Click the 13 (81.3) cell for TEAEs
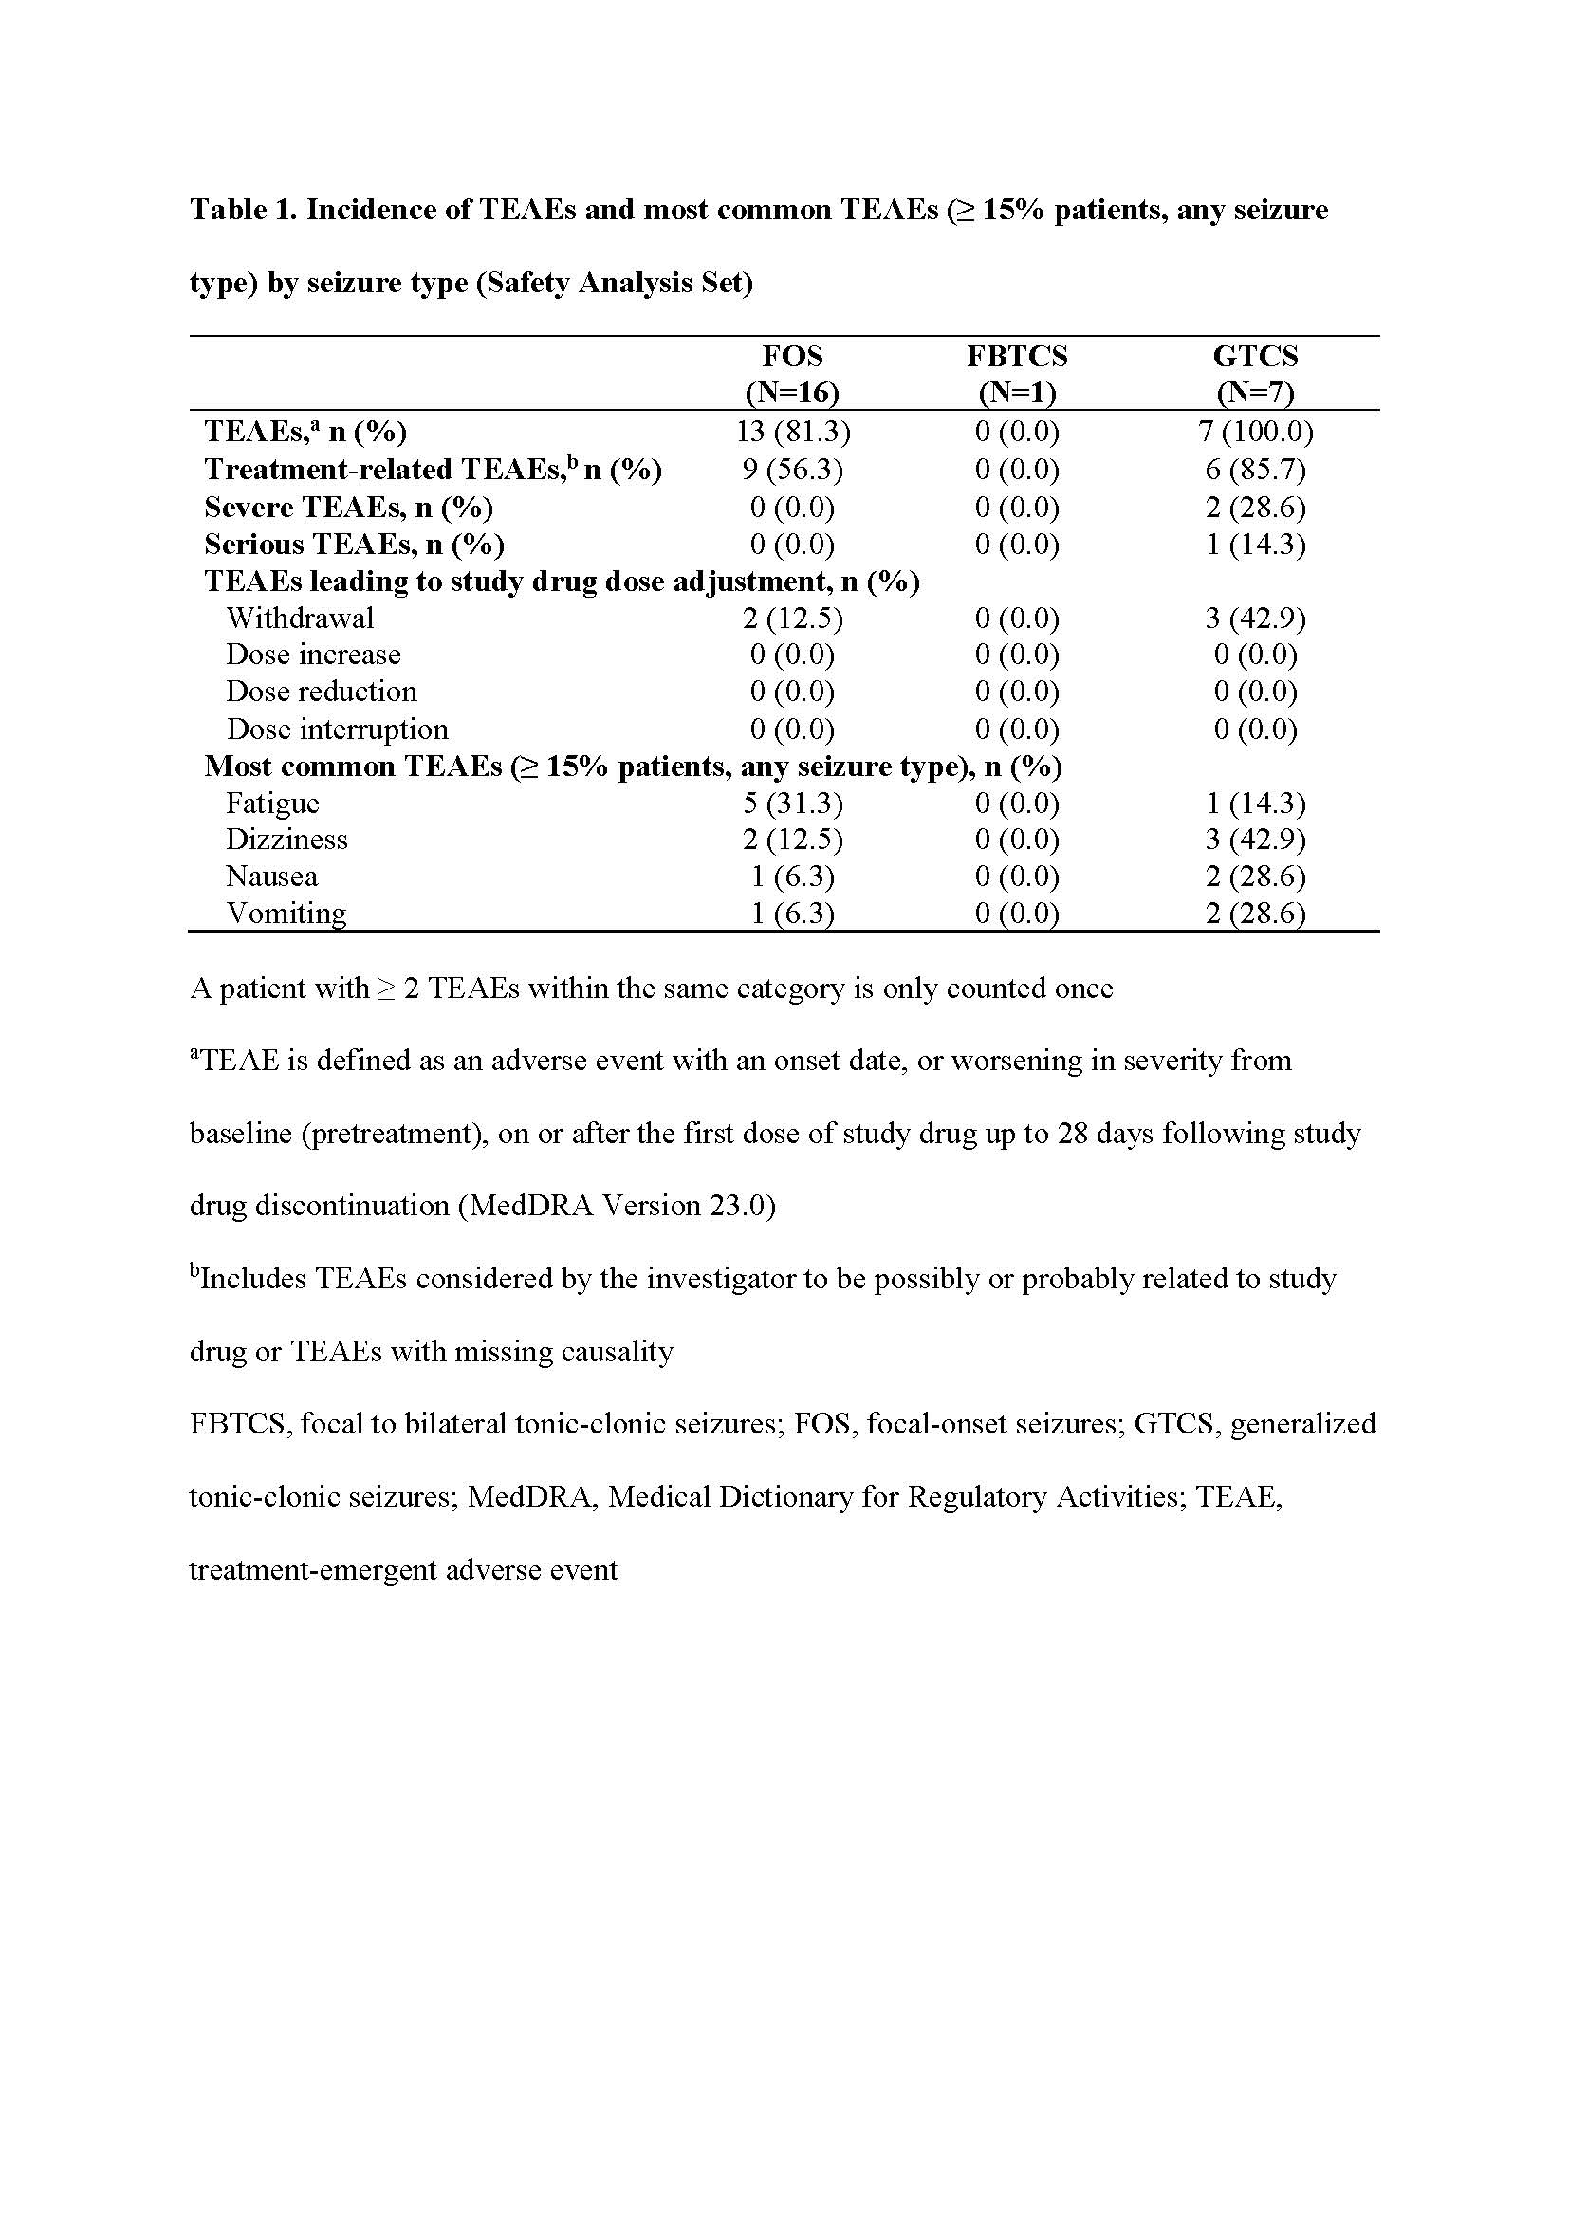tap(792, 432)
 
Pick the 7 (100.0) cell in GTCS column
tap(1255, 432)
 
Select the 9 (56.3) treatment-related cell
tap(792, 470)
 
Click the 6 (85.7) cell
tap(1255, 470)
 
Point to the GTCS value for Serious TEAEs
tap(1255, 546)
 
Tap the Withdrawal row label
tap(300, 619)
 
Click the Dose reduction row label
tap(321, 692)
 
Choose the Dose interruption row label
tap(337, 729)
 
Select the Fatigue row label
tap(272, 804)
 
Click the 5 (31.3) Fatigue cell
tap(792, 804)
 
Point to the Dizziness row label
tap(286, 839)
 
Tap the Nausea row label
tap(271, 877)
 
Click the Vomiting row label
tap(286, 914)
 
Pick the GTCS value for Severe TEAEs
tap(1255, 508)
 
